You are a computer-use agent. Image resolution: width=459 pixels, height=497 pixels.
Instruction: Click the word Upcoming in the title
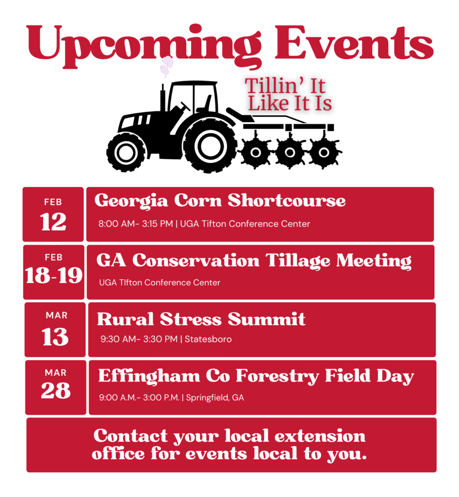144,46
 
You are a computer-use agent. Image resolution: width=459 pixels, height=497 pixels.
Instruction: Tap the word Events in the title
354,43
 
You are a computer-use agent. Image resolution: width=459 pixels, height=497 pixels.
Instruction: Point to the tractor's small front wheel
126,152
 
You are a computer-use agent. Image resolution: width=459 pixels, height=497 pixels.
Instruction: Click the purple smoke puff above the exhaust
166,66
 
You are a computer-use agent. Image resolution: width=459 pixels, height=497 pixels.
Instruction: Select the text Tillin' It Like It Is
288,95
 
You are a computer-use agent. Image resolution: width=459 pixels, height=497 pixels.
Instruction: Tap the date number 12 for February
53,221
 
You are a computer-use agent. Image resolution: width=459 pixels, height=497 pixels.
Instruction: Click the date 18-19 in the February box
54,275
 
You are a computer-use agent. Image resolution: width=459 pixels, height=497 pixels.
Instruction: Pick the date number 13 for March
55,337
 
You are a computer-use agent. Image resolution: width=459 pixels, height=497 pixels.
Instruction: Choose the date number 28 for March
56,391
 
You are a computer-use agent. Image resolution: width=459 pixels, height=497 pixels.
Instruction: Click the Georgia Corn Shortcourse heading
220,201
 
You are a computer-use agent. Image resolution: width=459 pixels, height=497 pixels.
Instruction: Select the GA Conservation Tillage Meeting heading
254,261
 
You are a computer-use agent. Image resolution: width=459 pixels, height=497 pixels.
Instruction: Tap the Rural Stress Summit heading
201,319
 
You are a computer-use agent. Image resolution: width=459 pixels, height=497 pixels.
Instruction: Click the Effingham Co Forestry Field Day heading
256,376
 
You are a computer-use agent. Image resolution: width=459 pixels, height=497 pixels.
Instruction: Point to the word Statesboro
208,339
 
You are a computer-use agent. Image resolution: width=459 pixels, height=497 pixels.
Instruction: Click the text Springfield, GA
215,398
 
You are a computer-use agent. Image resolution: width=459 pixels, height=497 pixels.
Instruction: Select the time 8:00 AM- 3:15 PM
135,224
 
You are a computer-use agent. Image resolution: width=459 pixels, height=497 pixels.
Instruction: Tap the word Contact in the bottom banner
130,436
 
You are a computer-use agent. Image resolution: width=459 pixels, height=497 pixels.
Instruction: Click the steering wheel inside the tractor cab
185,106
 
